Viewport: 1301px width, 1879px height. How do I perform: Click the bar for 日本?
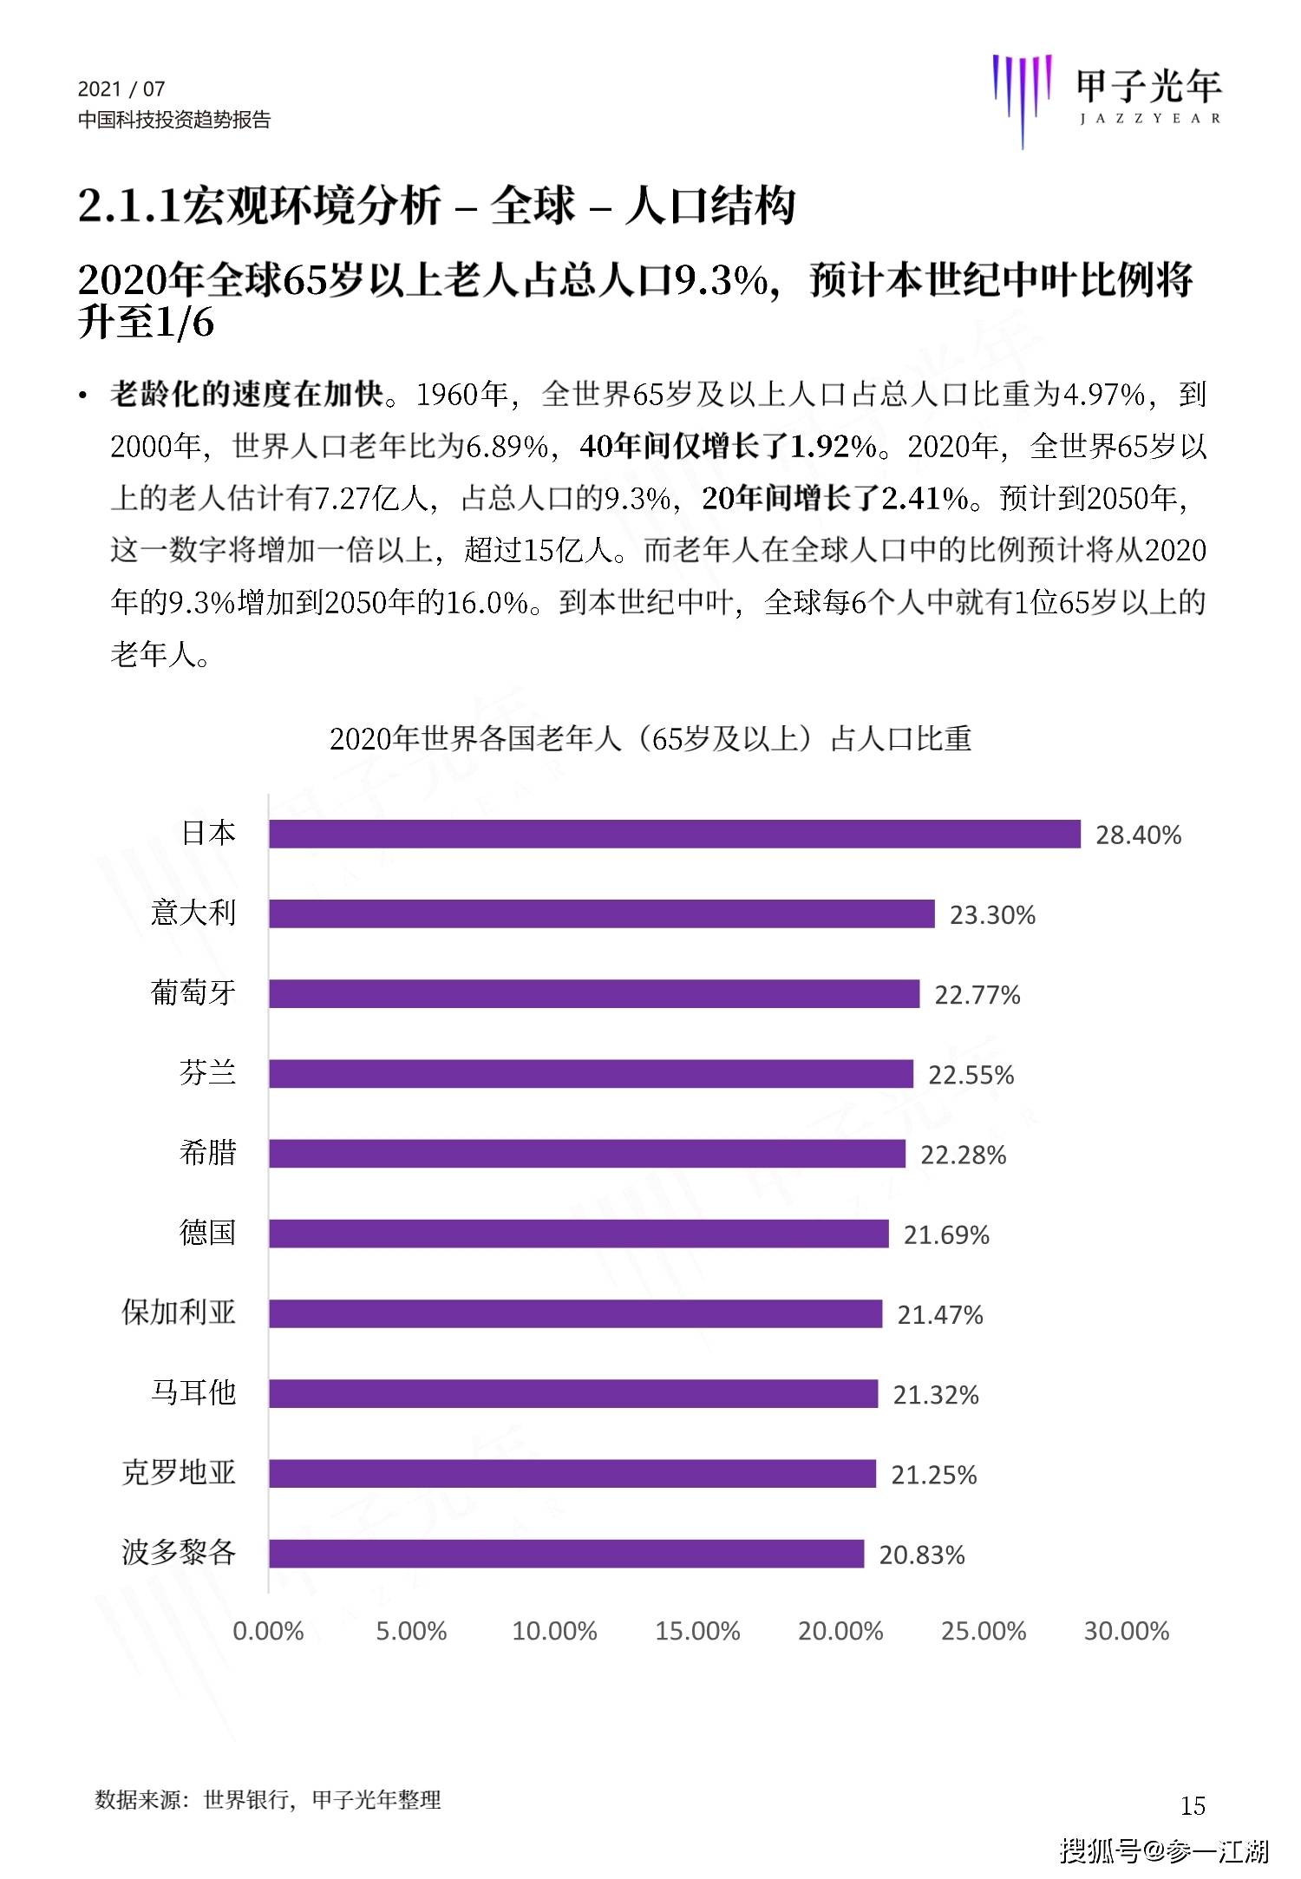675,834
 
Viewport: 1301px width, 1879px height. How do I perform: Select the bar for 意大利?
602,913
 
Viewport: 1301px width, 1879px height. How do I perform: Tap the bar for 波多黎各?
566,1554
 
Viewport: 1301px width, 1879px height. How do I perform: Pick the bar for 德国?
579,1234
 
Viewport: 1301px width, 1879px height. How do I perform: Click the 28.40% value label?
1138,835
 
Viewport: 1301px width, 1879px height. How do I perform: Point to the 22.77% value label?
977,994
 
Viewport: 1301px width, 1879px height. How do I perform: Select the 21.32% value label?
936,1394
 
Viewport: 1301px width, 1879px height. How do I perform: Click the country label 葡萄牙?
193,992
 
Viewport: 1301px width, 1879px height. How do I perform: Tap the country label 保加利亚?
179,1313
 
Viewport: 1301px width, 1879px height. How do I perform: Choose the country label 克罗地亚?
179,1472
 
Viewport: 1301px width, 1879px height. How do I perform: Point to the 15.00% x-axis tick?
697,1631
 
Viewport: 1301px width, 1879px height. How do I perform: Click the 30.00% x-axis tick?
1126,1631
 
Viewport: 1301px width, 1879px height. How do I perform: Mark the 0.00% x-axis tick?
268,1631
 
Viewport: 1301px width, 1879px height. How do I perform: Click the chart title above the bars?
650,738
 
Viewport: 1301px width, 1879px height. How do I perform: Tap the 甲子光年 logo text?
1147,85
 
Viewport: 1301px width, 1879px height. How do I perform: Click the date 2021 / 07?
121,88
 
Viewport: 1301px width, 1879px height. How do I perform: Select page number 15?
1193,1805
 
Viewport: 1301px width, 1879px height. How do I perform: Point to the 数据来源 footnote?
268,1800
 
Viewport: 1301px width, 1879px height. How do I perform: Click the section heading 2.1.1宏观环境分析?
260,206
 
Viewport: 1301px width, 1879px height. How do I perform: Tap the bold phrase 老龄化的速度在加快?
247,395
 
